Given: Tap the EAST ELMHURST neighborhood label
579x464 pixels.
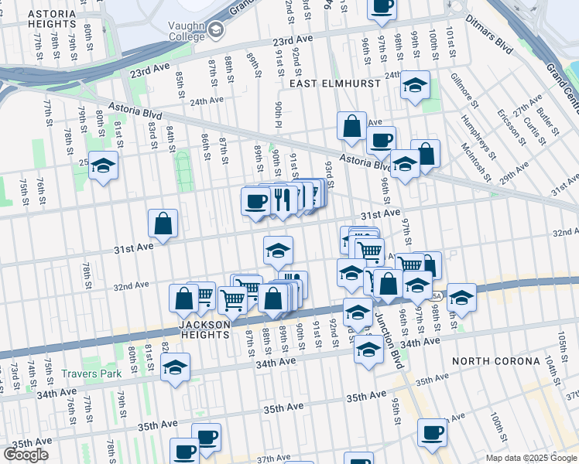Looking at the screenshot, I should pos(335,83).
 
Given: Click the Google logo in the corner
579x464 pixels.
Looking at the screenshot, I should pos(26,455).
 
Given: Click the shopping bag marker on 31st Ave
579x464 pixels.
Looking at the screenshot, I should pos(163,224).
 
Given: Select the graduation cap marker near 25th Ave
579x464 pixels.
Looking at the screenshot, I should pos(103,165).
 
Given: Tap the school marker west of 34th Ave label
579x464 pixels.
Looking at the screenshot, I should pos(176,367).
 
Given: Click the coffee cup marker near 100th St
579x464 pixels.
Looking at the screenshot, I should pos(431,432).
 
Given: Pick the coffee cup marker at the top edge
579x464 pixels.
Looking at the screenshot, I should pos(381,6).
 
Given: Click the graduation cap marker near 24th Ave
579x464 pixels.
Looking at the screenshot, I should pos(415,85).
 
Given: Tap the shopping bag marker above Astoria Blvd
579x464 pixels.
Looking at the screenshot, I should pos(351,127).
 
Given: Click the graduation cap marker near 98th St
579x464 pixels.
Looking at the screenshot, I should pos(461,297).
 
